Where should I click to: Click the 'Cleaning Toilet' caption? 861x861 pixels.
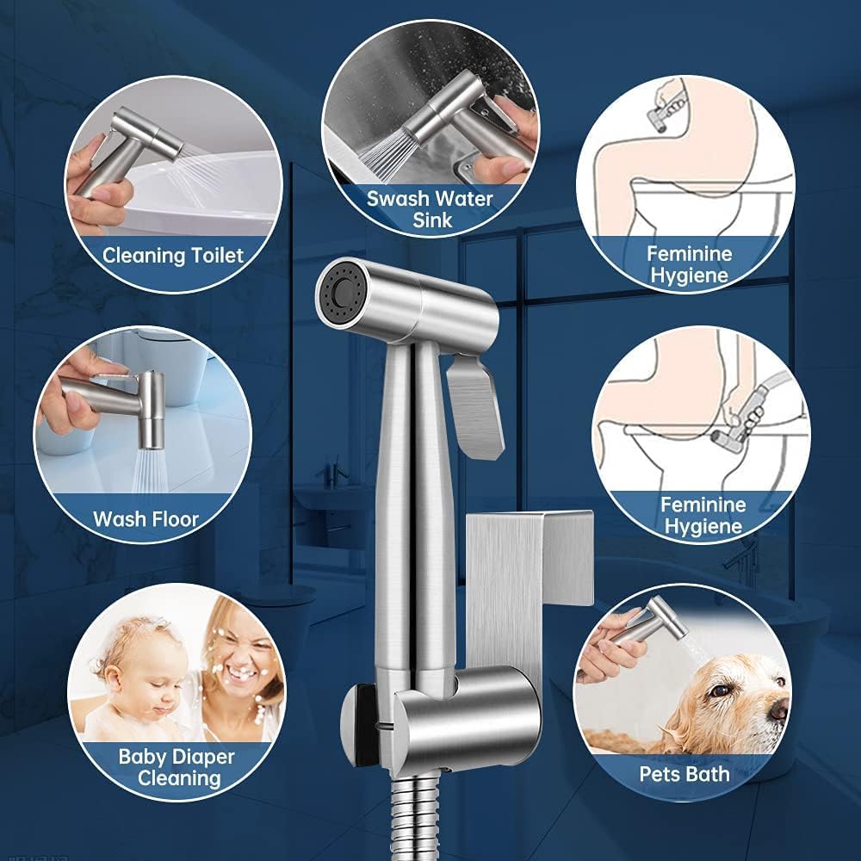click(x=173, y=255)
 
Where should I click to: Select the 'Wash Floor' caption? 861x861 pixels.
click(x=146, y=519)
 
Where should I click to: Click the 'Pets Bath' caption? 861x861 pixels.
click(x=684, y=773)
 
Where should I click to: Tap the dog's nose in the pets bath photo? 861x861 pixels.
click(x=778, y=708)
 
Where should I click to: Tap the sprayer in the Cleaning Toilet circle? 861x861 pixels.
click(x=138, y=146)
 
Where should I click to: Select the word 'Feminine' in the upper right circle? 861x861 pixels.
click(x=689, y=254)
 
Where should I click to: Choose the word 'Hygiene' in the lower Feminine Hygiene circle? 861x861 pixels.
click(x=703, y=525)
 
